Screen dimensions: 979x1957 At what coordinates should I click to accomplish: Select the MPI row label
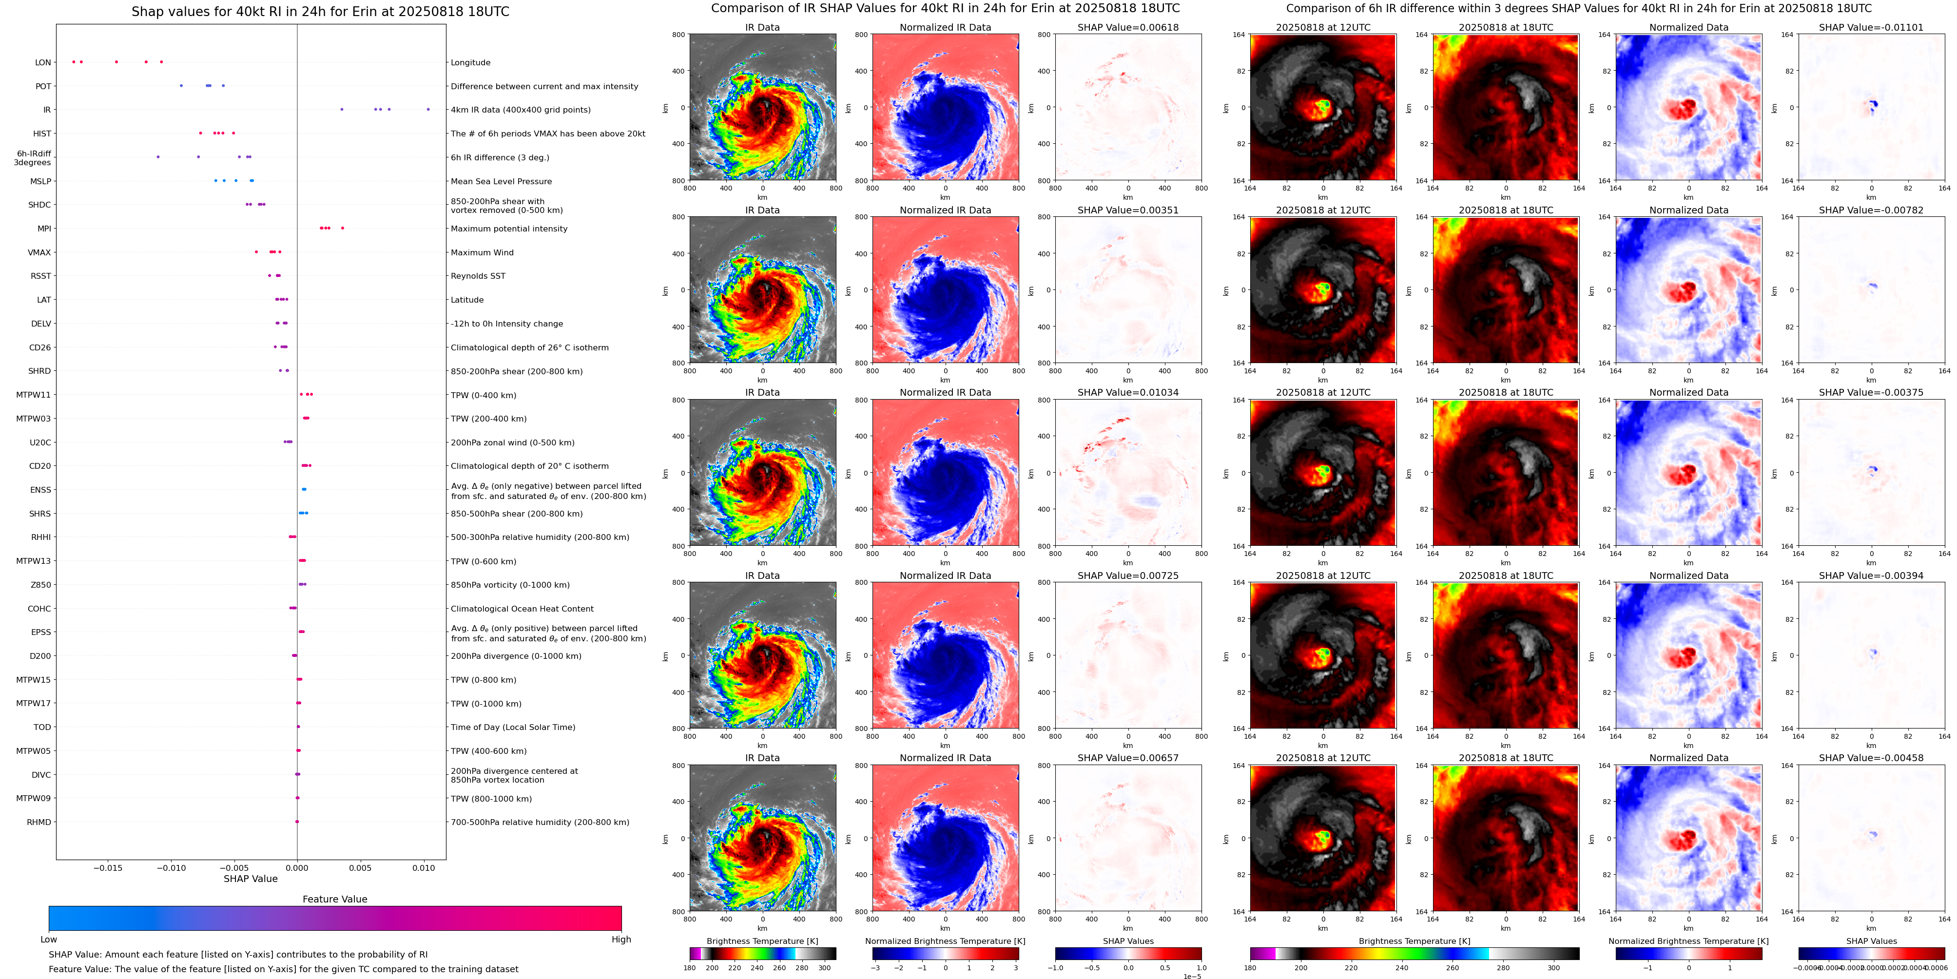[x=44, y=229]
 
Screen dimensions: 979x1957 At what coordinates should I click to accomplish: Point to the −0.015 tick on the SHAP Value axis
[x=108, y=868]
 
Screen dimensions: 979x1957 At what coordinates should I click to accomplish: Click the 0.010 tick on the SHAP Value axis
[x=424, y=868]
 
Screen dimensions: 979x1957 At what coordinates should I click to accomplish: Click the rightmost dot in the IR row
[x=428, y=109]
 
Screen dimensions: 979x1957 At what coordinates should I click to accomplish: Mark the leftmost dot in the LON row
[x=74, y=61]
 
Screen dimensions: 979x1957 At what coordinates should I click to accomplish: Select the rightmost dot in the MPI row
[x=343, y=228]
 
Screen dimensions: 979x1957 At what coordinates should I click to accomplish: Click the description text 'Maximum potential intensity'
[x=509, y=229]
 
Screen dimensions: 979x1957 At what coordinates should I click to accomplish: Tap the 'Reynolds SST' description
[x=478, y=276]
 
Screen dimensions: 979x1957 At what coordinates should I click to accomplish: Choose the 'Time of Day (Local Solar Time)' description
[x=513, y=727]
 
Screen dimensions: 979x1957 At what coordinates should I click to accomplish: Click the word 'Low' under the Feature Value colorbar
[x=49, y=940]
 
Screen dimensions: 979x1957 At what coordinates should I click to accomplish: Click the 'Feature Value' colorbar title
[x=334, y=899]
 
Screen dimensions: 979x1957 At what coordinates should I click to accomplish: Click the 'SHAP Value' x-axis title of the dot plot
[x=250, y=879]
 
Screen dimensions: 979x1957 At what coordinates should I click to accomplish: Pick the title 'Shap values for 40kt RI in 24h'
[x=320, y=11]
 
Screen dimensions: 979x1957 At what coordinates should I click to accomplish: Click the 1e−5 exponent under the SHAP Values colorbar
[x=1191, y=976]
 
